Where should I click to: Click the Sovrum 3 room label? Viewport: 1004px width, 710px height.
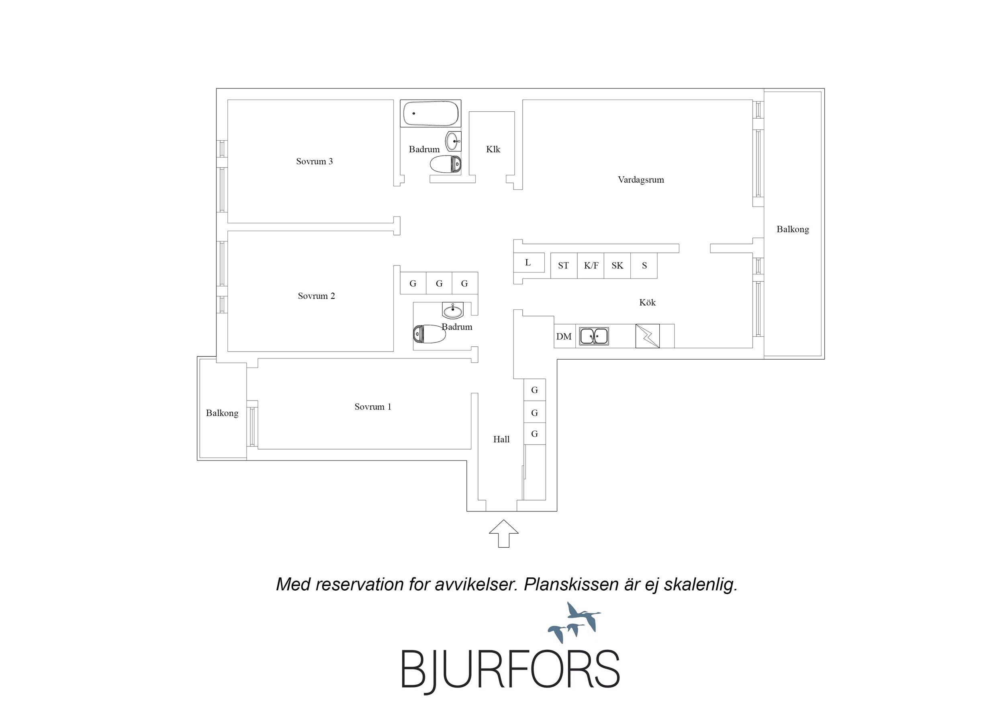coord(315,162)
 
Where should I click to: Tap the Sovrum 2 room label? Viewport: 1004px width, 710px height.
coord(316,296)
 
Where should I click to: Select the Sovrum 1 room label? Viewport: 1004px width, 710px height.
coord(372,407)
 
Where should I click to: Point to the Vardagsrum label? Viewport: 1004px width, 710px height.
coord(641,180)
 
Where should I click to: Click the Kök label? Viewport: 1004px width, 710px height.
coord(647,302)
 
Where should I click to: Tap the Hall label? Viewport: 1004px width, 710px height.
coord(501,439)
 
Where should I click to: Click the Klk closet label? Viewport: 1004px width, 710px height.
coord(493,149)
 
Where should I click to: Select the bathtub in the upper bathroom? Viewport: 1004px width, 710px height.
coord(431,114)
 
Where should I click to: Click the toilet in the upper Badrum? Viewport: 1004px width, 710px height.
coord(446,164)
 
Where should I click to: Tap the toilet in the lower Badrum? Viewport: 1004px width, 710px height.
coord(429,334)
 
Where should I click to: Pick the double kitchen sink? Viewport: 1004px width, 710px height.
coord(594,336)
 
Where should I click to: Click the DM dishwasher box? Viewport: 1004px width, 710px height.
coord(564,336)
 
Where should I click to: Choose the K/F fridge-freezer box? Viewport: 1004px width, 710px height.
coord(591,266)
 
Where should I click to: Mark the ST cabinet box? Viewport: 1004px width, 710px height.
coord(564,266)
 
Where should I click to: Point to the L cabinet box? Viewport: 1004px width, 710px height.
coord(529,262)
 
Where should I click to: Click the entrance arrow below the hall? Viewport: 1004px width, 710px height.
coord(504,533)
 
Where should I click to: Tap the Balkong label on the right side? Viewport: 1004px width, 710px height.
coord(792,229)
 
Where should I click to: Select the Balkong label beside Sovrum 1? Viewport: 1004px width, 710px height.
coord(222,413)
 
